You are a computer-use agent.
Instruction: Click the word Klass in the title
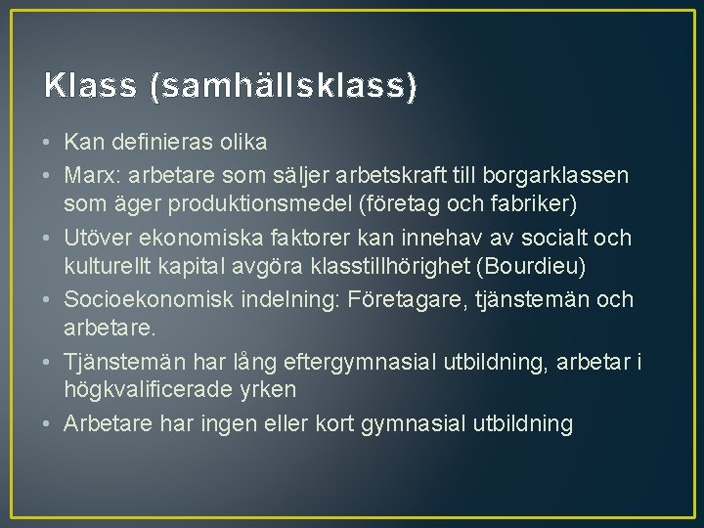point(90,86)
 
